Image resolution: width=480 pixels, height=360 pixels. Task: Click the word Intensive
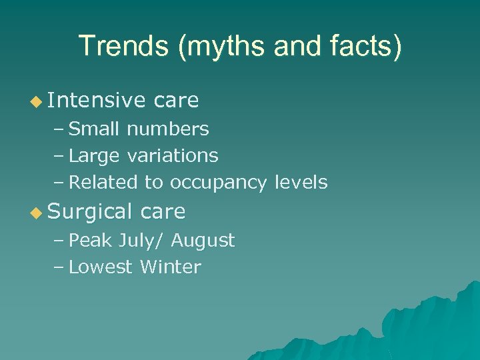(96, 101)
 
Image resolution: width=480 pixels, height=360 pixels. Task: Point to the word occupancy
(221, 183)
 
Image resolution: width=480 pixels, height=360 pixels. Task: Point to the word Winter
(171, 267)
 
